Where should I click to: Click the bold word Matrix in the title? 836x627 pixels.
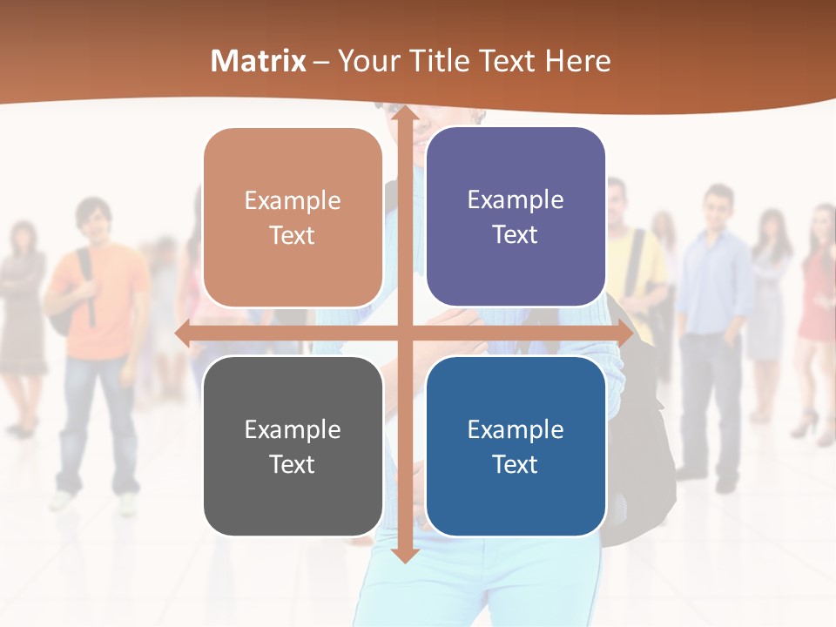tap(259, 61)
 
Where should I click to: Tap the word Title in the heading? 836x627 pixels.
tap(466, 61)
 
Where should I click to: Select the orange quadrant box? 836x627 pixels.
tap(293, 218)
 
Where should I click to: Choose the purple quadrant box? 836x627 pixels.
tap(516, 217)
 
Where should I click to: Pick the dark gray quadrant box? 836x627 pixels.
tap(293, 446)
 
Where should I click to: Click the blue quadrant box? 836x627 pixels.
tap(516, 446)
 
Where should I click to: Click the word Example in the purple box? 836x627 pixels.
tap(516, 200)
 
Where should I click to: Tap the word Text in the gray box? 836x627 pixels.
tap(293, 464)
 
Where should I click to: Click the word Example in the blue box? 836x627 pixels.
tap(516, 429)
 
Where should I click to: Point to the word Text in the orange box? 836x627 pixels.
tap(293, 236)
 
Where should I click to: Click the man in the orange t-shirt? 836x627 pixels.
tap(98, 313)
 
